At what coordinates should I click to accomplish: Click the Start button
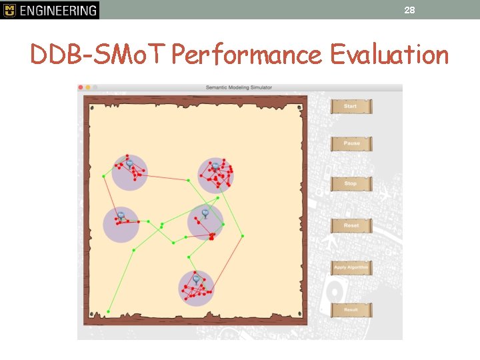click(x=351, y=107)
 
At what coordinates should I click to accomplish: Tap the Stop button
click(x=351, y=183)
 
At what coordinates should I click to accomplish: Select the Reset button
click(x=351, y=226)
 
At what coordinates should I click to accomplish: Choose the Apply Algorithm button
click(x=351, y=268)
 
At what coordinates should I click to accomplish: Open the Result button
click(x=351, y=310)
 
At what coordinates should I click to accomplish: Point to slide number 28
click(x=409, y=9)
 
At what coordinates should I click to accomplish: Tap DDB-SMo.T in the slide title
click(x=98, y=55)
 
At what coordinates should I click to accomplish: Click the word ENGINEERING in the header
click(x=59, y=10)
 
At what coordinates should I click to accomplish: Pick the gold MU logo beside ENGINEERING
click(x=9, y=10)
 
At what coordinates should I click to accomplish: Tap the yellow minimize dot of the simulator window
click(x=88, y=87)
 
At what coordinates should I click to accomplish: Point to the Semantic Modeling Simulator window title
click(x=239, y=87)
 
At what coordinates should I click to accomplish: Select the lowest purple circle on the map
click(x=196, y=289)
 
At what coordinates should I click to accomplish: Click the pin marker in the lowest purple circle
click(x=196, y=279)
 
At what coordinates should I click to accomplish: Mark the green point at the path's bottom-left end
click(x=109, y=311)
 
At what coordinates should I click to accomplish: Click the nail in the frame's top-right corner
click(x=299, y=107)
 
